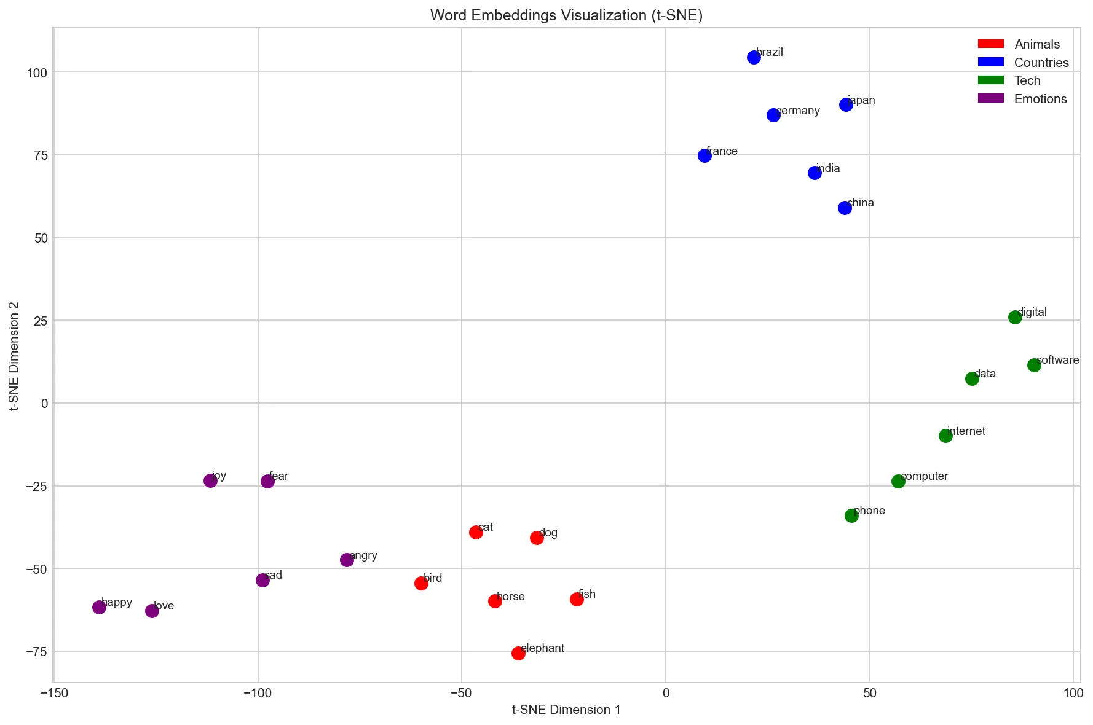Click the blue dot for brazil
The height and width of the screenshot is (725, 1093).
coord(754,57)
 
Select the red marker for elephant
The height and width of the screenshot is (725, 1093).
coord(518,653)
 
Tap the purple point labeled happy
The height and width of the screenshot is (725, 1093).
coord(99,607)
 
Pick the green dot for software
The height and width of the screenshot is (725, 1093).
coord(1034,365)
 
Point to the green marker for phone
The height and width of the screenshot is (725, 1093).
coord(851,515)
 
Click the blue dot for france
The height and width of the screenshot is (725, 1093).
coord(704,155)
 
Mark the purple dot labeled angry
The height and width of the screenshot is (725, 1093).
coord(347,560)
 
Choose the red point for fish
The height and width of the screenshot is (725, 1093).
coord(577,599)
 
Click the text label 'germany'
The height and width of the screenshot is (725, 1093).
coord(798,111)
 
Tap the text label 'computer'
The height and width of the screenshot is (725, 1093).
coord(924,476)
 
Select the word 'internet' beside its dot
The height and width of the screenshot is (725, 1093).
coord(966,431)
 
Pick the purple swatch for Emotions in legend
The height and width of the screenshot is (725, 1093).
coord(990,98)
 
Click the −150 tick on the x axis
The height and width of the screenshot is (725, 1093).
coord(54,694)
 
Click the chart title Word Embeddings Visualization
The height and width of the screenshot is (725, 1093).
coord(566,15)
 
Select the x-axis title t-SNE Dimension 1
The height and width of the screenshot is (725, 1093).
coord(566,710)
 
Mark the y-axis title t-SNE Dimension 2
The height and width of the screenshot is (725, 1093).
coord(14,356)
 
